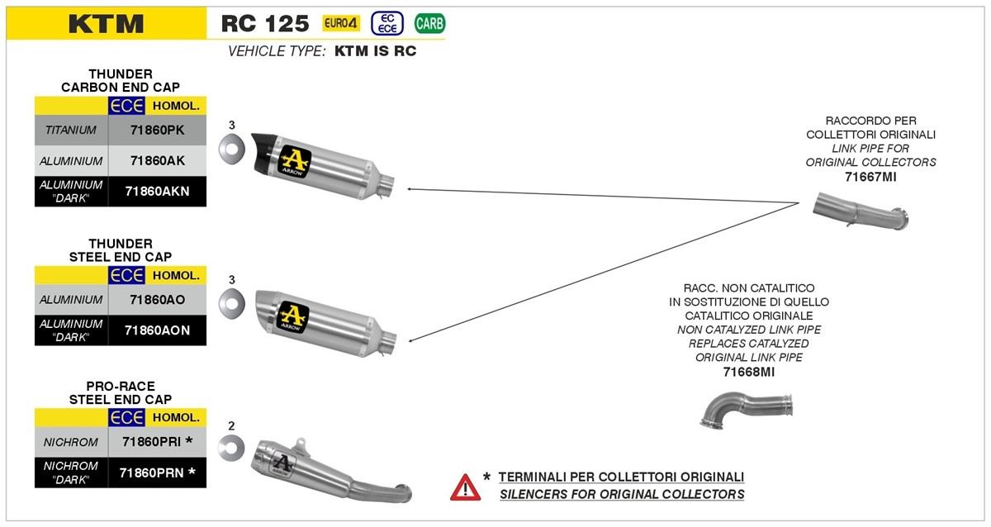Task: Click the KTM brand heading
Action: click(x=106, y=24)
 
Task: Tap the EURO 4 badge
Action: click(x=341, y=23)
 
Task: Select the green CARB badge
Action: click(x=429, y=23)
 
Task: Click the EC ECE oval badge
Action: click(x=387, y=23)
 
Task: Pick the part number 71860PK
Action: click(x=157, y=130)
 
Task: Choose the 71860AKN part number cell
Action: click(x=157, y=191)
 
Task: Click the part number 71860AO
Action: click(x=157, y=299)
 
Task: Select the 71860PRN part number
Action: click(x=157, y=472)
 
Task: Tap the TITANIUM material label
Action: click(x=71, y=130)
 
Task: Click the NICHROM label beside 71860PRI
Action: click(x=71, y=442)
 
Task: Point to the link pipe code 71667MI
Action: click(x=870, y=177)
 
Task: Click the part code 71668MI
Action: click(x=748, y=372)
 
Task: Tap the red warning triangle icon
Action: click(x=465, y=487)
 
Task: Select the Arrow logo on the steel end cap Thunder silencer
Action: click(x=293, y=315)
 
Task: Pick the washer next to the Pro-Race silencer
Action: click(x=231, y=449)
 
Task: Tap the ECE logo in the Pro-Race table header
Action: click(x=127, y=417)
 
